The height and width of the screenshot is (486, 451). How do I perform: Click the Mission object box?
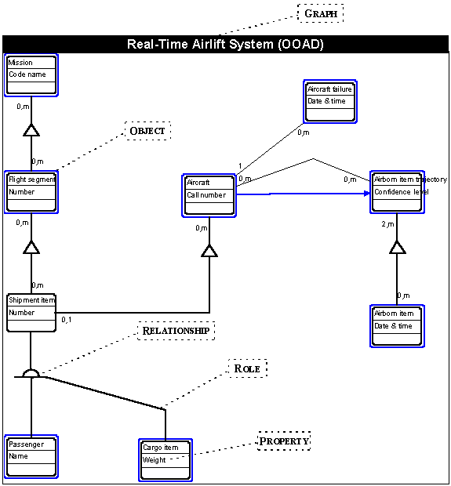[31, 75]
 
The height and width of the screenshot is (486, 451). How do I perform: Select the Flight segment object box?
[31, 192]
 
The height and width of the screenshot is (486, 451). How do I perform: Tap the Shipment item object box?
[31, 313]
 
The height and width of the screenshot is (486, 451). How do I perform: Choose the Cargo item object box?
[165, 460]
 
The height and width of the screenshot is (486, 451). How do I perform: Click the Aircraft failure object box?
[330, 102]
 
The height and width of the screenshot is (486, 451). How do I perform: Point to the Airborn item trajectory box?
[397, 192]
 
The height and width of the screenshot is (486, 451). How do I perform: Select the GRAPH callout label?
[321, 13]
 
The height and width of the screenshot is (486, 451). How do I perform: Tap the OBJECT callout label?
[147, 131]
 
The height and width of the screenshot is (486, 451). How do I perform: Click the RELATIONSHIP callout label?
[176, 331]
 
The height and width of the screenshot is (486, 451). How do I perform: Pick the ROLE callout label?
[248, 368]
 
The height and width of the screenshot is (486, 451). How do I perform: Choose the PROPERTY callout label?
[284, 441]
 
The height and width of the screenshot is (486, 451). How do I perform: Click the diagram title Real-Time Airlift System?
[225, 44]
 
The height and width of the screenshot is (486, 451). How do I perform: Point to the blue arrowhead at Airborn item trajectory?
[367, 194]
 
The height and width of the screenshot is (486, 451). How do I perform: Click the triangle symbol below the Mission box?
[31, 130]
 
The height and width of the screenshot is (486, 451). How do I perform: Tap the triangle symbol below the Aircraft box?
[209, 251]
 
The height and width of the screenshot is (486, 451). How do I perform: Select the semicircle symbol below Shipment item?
[31, 373]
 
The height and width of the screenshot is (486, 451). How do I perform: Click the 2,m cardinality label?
[387, 223]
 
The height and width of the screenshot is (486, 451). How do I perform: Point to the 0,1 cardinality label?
[67, 320]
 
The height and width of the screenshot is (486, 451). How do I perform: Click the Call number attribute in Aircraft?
[206, 195]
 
